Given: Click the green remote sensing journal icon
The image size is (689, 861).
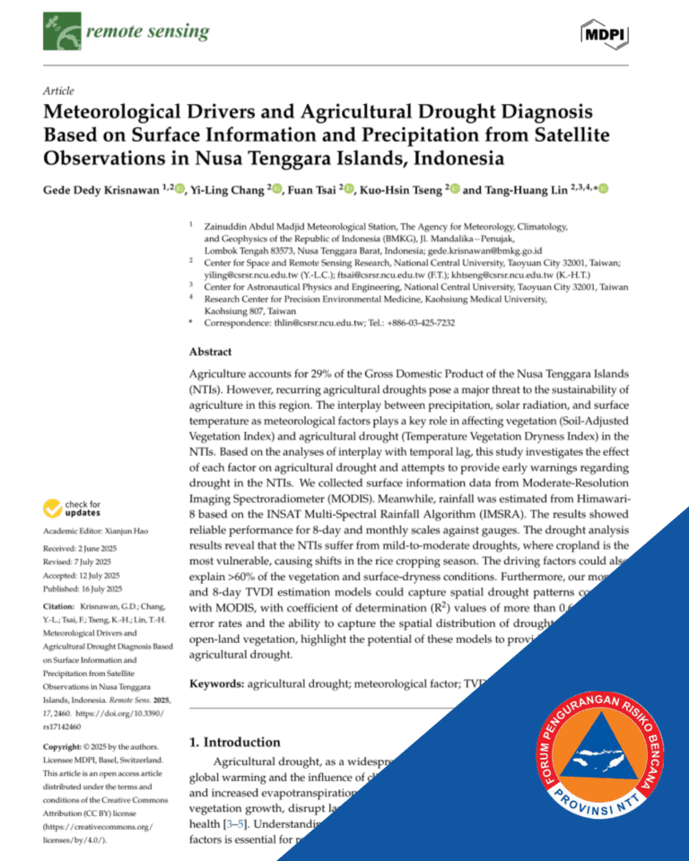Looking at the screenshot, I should pos(61,33).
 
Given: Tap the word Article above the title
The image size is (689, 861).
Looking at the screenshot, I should pos(58,91).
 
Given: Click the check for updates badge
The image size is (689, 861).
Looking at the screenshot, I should pos(73,509).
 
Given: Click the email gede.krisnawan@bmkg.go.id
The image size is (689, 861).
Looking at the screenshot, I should pos(491,253).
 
